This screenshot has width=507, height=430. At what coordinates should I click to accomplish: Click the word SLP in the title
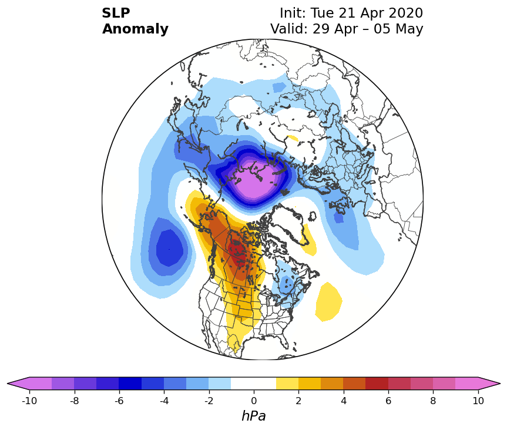116,14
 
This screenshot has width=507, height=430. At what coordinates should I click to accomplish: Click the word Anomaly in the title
135,29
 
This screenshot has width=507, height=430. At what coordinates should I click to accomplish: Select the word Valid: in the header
289,29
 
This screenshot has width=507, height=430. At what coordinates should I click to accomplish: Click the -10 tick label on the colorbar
29,401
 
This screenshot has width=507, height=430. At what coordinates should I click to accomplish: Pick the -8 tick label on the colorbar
75,401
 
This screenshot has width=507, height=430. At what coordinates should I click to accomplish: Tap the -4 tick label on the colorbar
164,401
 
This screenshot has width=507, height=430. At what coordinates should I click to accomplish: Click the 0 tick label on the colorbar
254,401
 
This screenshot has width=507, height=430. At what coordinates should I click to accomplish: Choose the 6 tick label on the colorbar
388,401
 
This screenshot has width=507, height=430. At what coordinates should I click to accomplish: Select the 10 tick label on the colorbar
478,401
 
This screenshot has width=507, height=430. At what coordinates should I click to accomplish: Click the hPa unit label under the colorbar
254,416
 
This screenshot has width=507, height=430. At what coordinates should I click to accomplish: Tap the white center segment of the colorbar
254,384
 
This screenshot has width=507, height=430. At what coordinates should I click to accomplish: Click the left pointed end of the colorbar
8,384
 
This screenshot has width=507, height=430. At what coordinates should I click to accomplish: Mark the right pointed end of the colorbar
499,384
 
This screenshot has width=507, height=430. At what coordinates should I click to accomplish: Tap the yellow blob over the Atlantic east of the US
328,302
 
